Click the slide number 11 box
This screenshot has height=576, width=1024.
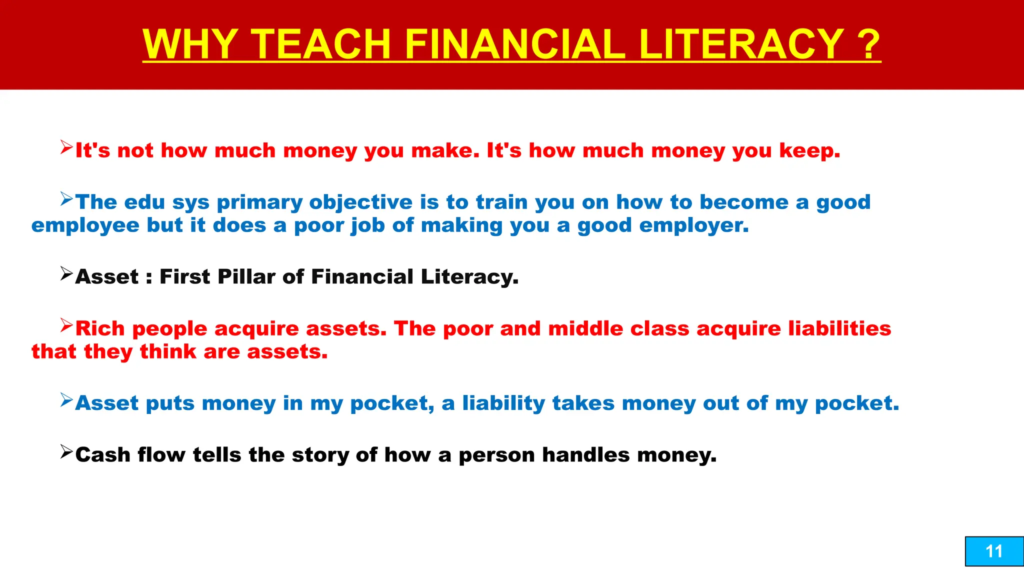tap(994, 551)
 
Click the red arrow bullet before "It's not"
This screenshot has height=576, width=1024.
tap(66, 147)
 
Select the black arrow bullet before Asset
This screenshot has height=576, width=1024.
tap(66, 273)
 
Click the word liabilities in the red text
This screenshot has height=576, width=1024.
tap(839, 328)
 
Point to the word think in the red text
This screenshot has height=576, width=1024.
tap(167, 351)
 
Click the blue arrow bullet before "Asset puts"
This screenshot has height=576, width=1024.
tap(66, 400)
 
